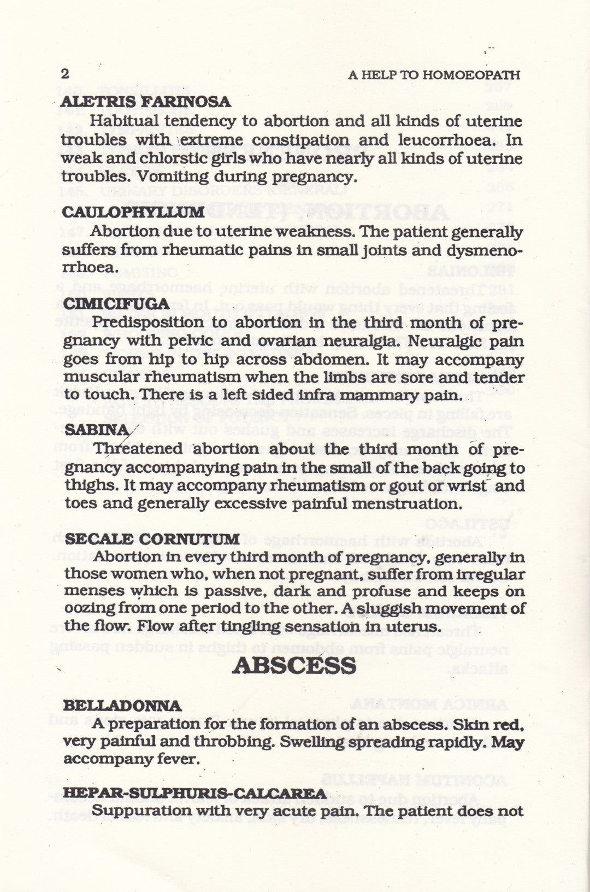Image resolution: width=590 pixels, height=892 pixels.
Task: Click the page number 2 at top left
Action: [65, 74]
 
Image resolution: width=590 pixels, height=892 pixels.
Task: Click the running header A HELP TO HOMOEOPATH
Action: [434, 75]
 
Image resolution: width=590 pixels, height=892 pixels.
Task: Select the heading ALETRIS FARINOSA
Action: [146, 102]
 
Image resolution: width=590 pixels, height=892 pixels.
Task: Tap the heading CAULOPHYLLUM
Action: [133, 213]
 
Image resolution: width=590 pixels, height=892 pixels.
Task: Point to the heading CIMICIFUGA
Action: [116, 304]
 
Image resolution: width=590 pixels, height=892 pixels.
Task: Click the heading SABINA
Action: [97, 430]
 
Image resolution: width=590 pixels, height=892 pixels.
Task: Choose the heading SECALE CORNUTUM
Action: [152, 539]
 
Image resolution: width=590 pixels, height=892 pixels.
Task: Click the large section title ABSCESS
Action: [294, 666]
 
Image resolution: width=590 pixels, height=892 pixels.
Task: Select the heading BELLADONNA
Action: [122, 706]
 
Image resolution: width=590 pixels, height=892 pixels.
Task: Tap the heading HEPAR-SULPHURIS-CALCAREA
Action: [194, 793]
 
